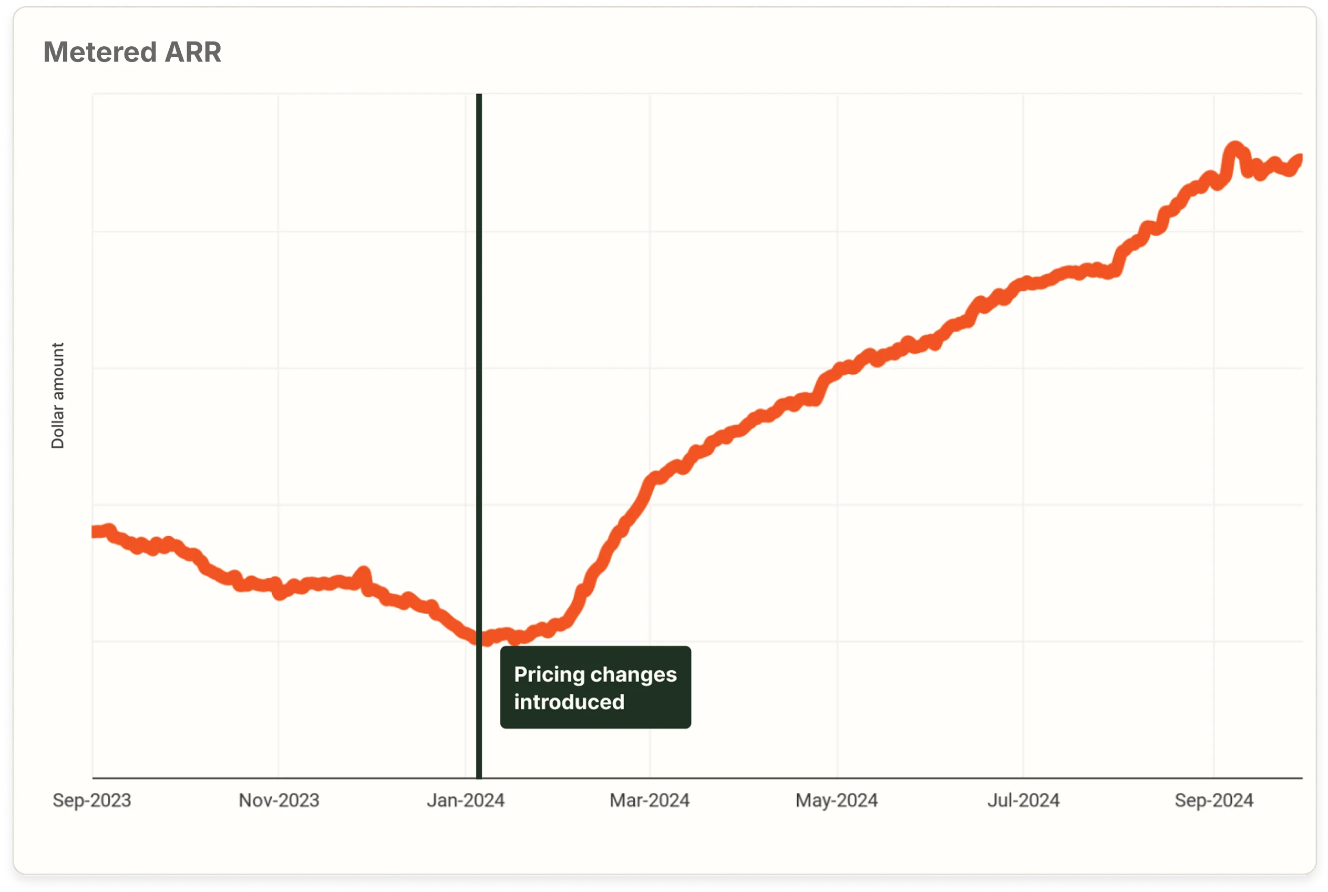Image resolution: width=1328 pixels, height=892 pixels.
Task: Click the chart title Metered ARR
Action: tap(132, 53)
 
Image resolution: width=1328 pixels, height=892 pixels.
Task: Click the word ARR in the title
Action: tap(193, 53)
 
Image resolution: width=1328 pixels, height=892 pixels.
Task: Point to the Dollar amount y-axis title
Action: tap(57, 395)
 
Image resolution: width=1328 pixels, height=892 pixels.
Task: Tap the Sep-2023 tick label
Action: tap(91, 801)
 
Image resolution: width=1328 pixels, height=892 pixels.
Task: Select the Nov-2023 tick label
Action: tap(279, 801)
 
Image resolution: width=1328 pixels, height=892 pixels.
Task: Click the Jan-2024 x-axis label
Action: tap(465, 801)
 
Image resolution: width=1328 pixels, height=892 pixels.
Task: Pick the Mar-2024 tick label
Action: tap(650, 801)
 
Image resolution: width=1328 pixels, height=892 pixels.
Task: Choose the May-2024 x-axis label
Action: tap(836, 801)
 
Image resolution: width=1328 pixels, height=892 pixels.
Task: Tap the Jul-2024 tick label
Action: tap(1023, 801)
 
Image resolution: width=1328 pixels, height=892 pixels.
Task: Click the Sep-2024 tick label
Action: tap(1213, 801)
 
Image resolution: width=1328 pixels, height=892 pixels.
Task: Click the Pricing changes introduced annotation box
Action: tap(595, 687)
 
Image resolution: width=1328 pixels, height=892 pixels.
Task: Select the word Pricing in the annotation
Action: tap(549, 675)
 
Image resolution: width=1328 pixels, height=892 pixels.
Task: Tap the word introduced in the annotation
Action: tap(569, 702)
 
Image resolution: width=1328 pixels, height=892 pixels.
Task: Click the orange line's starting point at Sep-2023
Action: tap(95, 532)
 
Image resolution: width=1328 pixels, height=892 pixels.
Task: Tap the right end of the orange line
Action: tap(1300, 159)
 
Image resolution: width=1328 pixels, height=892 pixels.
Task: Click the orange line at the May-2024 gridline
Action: tap(837, 371)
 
